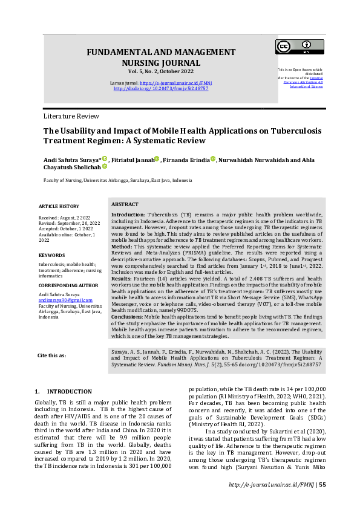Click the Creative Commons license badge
[x=299, y=47]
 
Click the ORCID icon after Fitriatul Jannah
[x=157, y=158]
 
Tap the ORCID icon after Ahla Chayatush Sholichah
[x=104, y=166]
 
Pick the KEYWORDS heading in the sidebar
[x=51, y=255]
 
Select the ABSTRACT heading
[x=125, y=205]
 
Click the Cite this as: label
[x=52, y=355]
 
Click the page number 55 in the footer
[x=322, y=502]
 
